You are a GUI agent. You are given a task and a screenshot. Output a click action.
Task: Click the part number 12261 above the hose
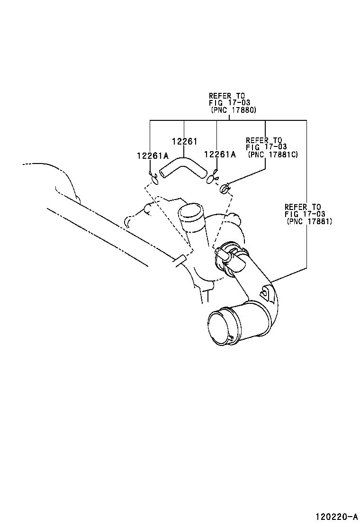pos(184,142)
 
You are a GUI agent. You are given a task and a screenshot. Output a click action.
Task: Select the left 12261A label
pos(153,155)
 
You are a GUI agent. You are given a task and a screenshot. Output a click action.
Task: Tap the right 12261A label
pos(220,154)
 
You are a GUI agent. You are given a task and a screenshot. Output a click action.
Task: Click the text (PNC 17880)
pos(233,110)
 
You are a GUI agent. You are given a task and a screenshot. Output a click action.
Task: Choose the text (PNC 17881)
pos(309,221)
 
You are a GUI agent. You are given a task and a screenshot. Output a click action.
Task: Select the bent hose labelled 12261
pos(182,168)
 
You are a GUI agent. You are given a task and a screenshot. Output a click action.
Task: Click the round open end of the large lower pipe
pos(220,327)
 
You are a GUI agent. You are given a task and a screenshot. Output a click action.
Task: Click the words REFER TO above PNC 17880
pos(226,96)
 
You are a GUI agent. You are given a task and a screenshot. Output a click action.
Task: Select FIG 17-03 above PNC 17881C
pos(266,147)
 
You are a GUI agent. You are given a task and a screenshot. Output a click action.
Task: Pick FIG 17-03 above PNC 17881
pos(305,214)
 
